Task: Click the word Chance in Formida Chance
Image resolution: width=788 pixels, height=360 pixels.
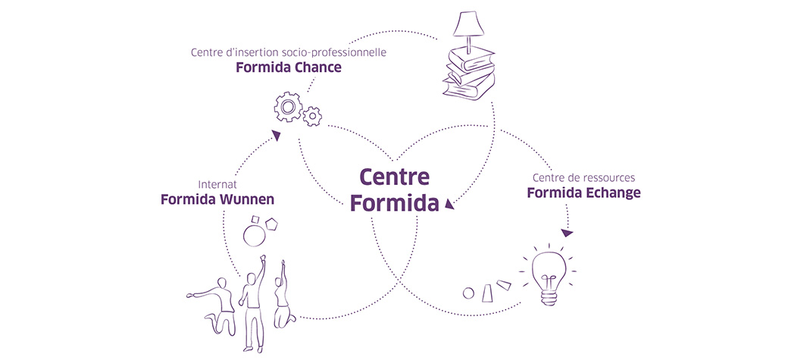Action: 314,67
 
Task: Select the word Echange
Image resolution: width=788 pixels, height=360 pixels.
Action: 614,193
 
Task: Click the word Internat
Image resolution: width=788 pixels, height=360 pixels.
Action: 218,184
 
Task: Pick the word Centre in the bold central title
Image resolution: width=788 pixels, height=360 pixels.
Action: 395,177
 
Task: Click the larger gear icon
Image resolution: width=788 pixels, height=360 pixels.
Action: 288,109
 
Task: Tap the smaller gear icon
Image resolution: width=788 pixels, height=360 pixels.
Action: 311,117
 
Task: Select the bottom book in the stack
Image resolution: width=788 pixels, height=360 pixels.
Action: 470,89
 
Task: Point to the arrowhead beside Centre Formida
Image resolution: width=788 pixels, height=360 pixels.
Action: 449,202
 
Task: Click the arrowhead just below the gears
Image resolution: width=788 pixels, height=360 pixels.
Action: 277,136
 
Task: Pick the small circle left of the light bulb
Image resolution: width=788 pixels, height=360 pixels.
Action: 468,293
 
